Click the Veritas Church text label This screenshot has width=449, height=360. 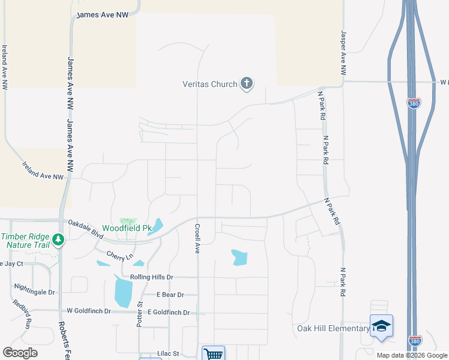[209, 84]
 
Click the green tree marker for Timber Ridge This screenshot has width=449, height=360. [58, 240]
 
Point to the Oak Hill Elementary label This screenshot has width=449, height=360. [333, 328]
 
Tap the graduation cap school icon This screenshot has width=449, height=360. [381, 326]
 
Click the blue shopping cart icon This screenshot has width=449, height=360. [213, 353]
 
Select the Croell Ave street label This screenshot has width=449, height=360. [197, 239]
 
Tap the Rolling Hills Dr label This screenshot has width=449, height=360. [147, 277]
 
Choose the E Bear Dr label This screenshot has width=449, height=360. [170, 295]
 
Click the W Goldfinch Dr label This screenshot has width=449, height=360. [89, 311]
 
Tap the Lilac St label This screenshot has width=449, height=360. [169, 355]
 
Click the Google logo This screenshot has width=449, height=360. [20, 352]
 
